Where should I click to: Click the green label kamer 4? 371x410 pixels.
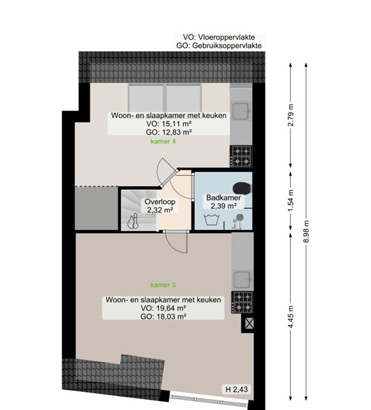[x=163, y=142]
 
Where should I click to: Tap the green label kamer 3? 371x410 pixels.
[x=163, y=285]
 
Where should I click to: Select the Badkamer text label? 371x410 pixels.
[x=224, y=198]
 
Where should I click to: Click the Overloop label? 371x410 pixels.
[x=160, y=202]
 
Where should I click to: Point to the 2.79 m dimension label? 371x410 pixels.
[x=291, y=115]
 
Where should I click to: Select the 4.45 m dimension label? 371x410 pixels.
[x=291, y=316]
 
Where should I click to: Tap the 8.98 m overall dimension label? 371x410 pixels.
[x=306, y=231]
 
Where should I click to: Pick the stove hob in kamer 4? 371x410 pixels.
[x=241, y=156]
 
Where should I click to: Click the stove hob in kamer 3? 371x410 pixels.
[x=242, y=302]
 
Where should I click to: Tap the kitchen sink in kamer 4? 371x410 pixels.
[x=241, y=111]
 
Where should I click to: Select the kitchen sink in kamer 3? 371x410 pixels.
[x=242, y=280]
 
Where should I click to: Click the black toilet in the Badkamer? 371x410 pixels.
[x=242, y=188]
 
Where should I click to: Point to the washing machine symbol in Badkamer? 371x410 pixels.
[x=211, y=220]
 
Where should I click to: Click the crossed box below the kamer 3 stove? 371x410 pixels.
[x=249, y=324]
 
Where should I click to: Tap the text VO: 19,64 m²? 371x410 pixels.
[x=163, y=308]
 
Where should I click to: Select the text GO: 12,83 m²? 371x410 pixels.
[x=169, y=132]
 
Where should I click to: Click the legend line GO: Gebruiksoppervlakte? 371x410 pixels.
[x=219, y=45]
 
